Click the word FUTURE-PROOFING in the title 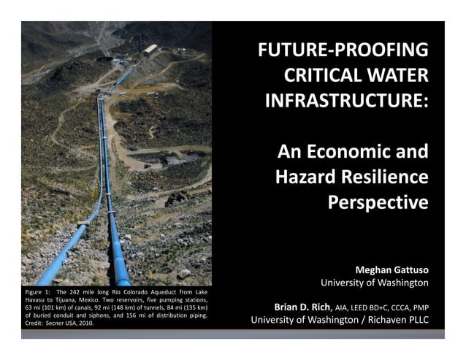pos(342,52)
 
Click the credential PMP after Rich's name pos(419,307)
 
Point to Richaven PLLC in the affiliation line pos(400,320)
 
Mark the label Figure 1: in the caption pos(37,292)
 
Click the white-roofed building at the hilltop pos(152,50)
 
